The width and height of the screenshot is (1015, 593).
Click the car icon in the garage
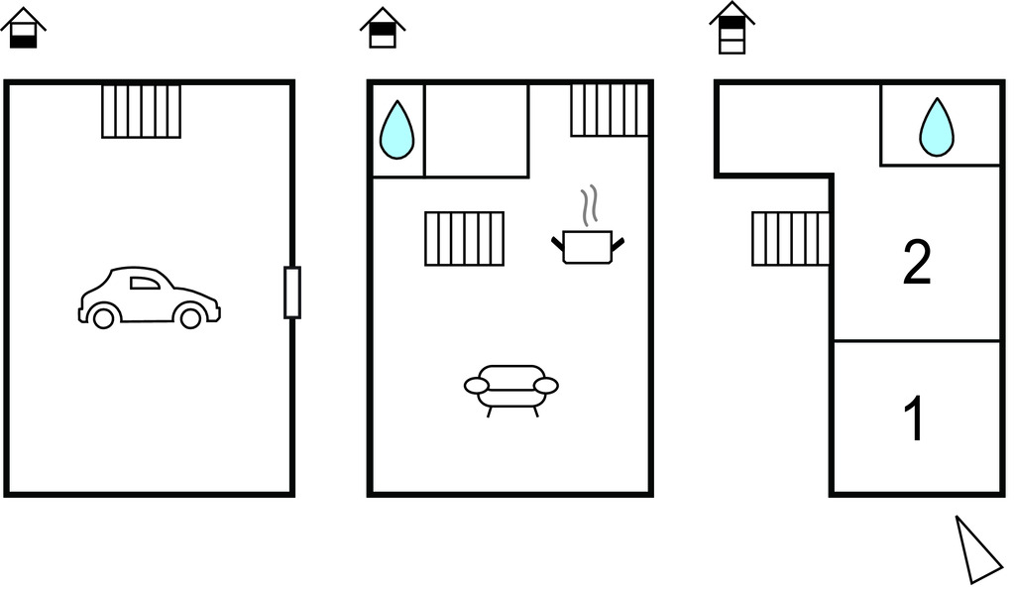click(x=149, y=297)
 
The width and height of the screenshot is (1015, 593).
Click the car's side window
click(x=145, y=283)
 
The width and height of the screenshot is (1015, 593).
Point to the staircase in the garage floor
click(x=142, y=111)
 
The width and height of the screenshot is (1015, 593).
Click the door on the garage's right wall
click(x=291, y=293)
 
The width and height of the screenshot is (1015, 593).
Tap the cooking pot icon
click(x=588, y=245)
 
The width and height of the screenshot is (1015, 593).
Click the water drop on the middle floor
click(x=397, y=130)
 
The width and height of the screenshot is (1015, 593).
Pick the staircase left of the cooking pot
click(x=464, y=238)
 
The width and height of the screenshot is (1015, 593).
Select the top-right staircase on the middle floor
click(x=610, y=110)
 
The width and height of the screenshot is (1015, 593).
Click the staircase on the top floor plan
click(x=790, y=239)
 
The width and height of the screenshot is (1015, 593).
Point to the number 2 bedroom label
click(x=917, y=264)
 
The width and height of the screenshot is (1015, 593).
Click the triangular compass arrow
click(x=977, y=549)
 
